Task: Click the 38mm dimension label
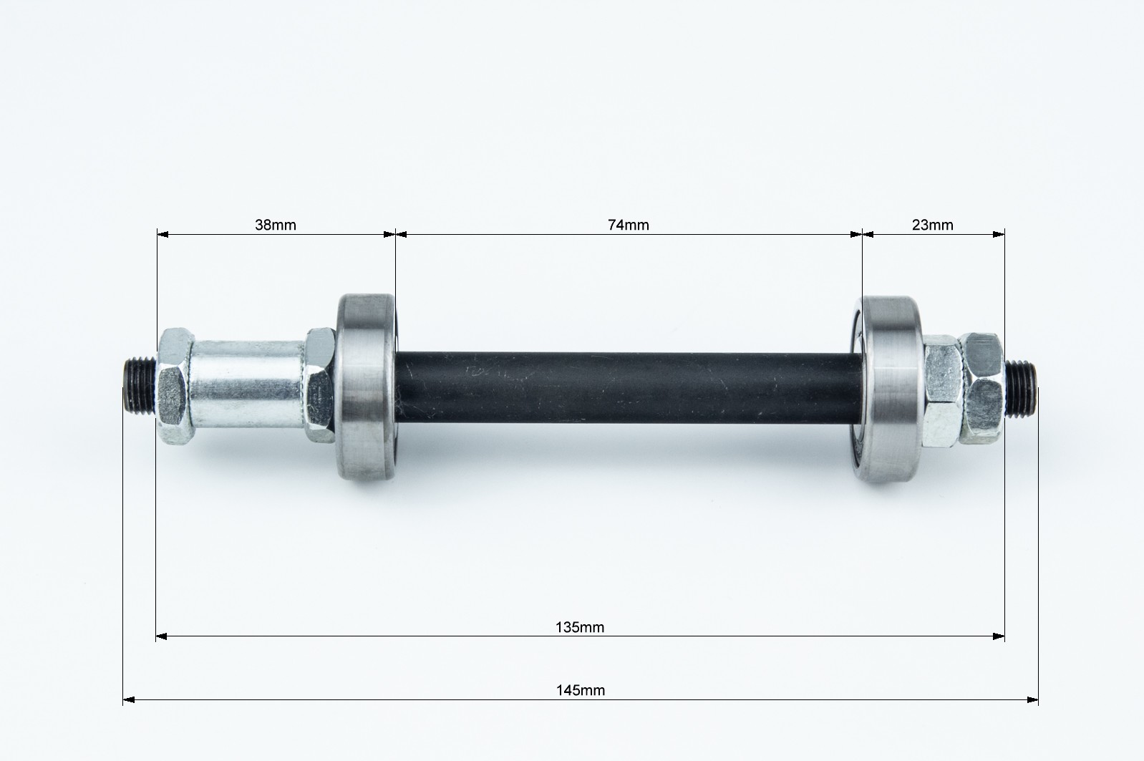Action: (276, 225)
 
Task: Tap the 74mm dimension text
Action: (628, 225)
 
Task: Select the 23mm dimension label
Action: (933, 225)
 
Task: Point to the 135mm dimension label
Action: (580, 627)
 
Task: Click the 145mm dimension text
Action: (580, 691)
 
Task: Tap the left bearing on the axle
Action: (367, 389)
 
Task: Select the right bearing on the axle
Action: (888, 389)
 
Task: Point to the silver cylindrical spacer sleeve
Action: (248, 384)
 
